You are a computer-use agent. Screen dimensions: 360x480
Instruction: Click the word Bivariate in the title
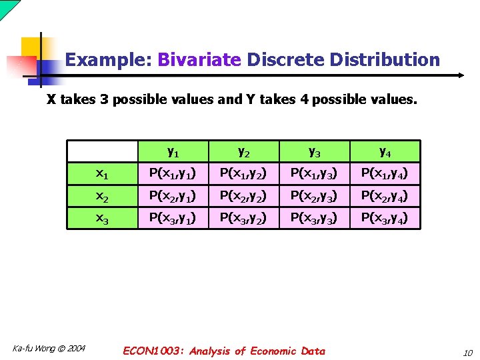coord(199,60)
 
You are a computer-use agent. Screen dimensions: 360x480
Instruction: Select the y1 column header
coord(172,151)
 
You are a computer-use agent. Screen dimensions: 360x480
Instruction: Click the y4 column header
coord(385,151)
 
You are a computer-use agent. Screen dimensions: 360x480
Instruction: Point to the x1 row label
coord(102,174)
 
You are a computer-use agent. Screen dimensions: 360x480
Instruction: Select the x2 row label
coord(102,196)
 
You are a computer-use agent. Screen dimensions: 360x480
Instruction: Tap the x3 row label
coord(102,218)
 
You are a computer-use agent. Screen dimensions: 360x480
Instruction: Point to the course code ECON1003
coord(155,351)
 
